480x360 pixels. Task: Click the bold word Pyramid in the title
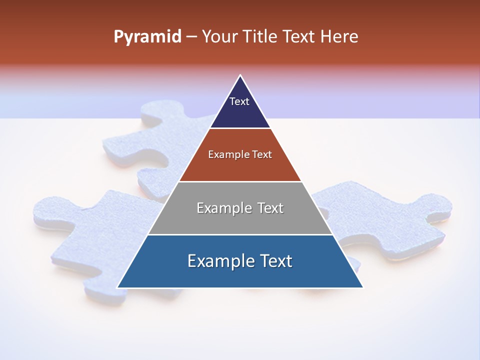click(147, 37)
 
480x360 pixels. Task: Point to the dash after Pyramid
click(191, 37)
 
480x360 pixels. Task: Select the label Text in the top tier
click(239, 101)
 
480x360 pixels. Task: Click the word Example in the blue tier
click(219, 261)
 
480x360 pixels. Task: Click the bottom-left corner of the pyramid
click(118, 287)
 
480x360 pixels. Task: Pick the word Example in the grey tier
click(221, 208)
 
